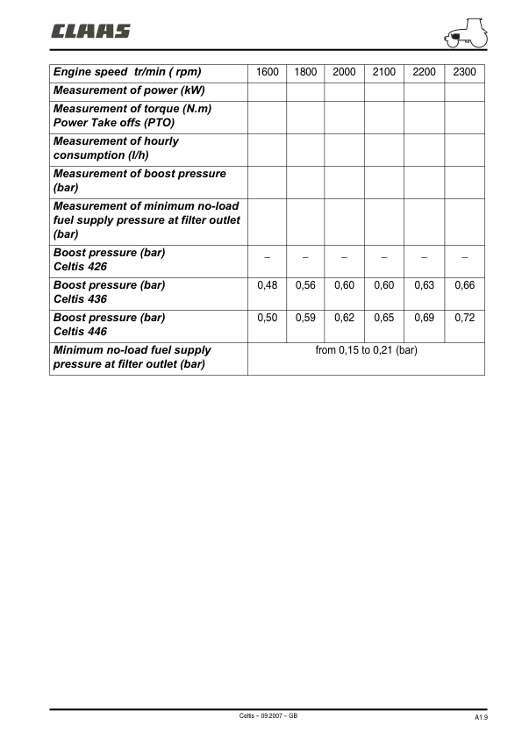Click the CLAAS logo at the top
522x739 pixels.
[90, 32]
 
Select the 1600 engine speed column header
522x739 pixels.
[267, 72]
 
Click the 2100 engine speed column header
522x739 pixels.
[383, 72]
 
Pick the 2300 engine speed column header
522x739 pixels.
[464, 72]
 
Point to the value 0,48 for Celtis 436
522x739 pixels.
[267, 285]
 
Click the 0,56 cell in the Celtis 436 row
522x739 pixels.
[305, 285]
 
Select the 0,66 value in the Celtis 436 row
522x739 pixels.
[464, 285]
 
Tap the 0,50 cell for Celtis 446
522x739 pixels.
[267, 318]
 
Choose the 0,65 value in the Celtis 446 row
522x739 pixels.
[383, 318]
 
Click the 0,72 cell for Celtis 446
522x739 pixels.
[464, 318]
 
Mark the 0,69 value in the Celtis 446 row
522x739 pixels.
[424, 318]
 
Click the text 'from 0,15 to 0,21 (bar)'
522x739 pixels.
[366, 350]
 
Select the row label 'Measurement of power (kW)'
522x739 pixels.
[127, 90]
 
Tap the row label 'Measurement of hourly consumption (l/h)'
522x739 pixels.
[116, 147]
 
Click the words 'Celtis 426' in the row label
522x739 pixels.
[81, 267]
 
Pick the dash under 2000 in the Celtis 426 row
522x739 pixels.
[345, 257]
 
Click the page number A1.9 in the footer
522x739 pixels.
[481, 718]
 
